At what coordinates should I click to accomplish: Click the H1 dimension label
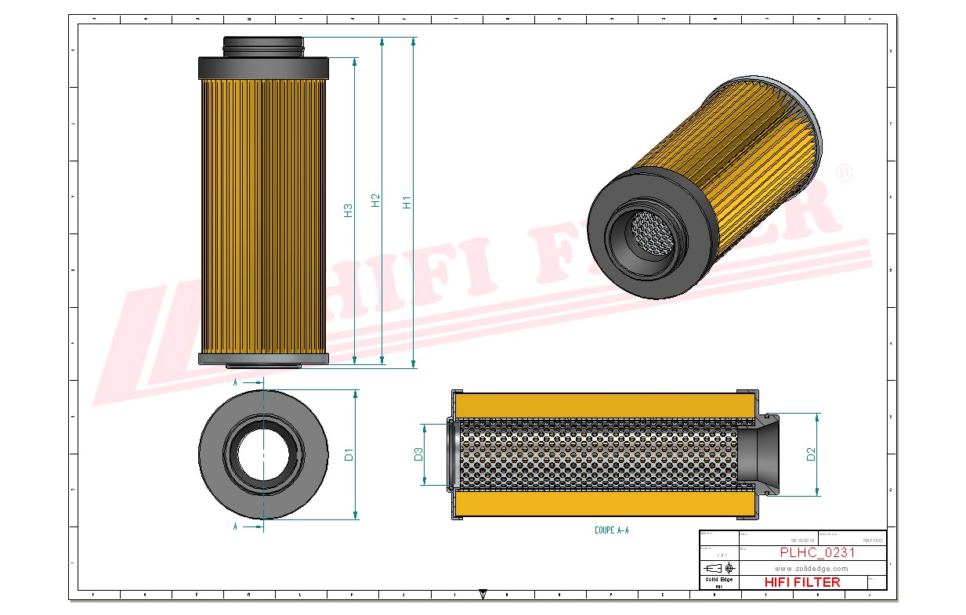coord(407,201)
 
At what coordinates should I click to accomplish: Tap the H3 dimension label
coord(348,210)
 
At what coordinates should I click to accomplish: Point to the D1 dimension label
coord(349,454)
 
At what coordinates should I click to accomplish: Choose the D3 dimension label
coord(418,454)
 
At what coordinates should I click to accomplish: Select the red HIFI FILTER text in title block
coord(801,582)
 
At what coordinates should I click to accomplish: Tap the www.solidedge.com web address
coord(812,568)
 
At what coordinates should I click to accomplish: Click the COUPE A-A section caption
coord(611,530)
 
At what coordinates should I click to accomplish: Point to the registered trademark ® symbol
coord(844,174)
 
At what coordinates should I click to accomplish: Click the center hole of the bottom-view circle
coord(262,454)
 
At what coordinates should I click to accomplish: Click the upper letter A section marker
coord(235,382)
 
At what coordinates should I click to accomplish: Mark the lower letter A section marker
coord(235,527)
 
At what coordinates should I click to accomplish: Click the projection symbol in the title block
coord(719,568)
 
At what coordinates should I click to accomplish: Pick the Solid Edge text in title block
coord(718,580)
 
